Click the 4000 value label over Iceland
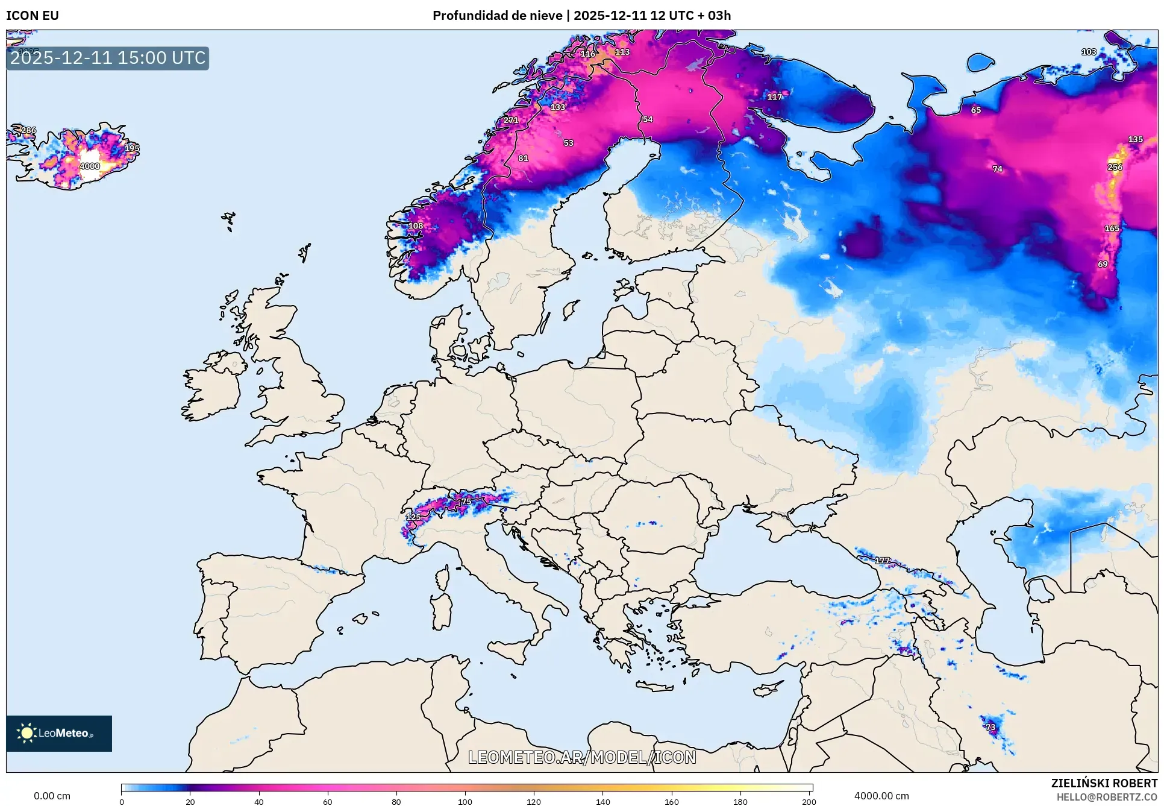[90, 166]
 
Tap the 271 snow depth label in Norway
[511, 120]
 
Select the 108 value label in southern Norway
[416, 226]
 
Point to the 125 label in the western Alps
[413, 517]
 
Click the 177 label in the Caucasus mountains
[883, 561]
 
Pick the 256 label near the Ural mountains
[1115, 167]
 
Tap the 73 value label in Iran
[991, 727]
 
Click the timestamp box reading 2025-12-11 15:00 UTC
[108, 58]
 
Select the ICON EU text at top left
[33, 16]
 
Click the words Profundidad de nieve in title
[498, 16]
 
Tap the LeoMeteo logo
[59, 733]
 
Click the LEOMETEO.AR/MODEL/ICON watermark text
[582, 757]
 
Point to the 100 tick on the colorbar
[465, 801]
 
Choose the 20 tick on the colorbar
[190, 801]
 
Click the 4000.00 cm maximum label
[881, 796]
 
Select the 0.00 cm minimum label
[52, 796]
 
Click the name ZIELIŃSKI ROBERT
[1104, 783]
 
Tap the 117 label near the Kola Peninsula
[775, 96]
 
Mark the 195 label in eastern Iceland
[132, 148]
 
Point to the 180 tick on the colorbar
[740, 801]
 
